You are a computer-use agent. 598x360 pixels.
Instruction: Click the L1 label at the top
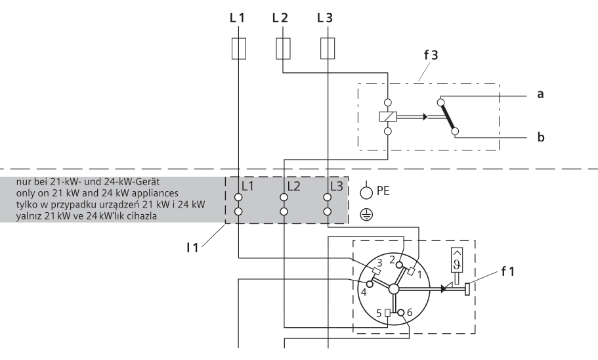tap(237, 18)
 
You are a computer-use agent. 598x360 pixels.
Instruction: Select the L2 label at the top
tap(280, 18)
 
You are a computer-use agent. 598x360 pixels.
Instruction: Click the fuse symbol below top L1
tap(239, 49)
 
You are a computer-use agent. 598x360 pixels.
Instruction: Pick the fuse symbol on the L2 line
tap(283, 49)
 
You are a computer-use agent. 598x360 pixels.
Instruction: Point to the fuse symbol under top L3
tap(328, 49)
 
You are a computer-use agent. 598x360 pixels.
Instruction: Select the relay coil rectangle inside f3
tap(387, 117)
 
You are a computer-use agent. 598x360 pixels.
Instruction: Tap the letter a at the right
tap(540, 94)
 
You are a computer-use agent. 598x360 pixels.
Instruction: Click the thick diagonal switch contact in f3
tap(447, 117)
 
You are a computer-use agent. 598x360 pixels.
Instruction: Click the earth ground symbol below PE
tap(366, 214)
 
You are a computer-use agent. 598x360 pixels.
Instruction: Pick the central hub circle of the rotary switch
tap(393, 289)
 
